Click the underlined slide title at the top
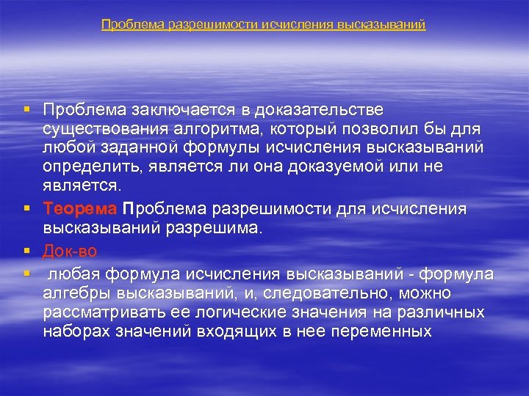point(264,25)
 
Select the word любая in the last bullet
point(74,274)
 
